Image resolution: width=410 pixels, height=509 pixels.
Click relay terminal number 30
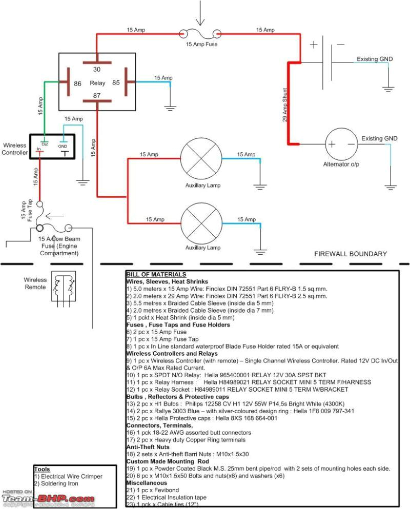(97, 69)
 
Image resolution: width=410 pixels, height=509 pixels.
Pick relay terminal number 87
(97, 96)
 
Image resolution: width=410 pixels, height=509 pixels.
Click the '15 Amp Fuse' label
(201, 45)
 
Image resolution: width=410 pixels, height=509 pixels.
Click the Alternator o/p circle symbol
(341, 145)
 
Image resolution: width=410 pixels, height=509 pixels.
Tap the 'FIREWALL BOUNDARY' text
(350, 254)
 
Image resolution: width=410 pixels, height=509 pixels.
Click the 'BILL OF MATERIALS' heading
(149, 275)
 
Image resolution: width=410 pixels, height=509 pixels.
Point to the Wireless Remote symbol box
(63, 288)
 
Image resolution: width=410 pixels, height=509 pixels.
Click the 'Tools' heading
(42, 469)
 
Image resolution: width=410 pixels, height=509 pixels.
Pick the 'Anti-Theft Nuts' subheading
(148, 447)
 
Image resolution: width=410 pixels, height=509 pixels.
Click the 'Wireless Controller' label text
(14, 149)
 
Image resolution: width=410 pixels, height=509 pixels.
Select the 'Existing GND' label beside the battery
(375, 59)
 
